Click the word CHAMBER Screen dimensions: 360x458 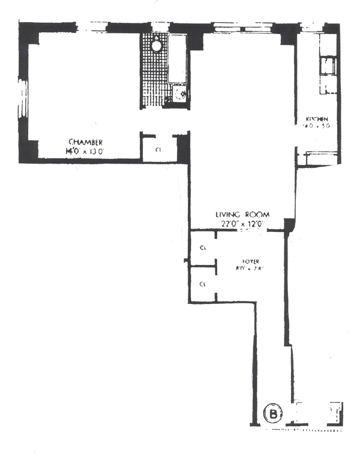[82, 143]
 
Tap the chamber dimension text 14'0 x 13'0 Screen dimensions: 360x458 [85, 152]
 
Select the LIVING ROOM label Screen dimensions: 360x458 [243, 214]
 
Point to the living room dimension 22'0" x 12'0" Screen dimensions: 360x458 [243, 224]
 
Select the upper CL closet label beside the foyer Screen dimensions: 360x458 [203, 246]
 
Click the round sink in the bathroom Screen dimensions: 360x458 [156, 44]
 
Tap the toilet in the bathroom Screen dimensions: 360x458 [179, 94]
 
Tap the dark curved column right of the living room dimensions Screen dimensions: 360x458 [289, 224]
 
